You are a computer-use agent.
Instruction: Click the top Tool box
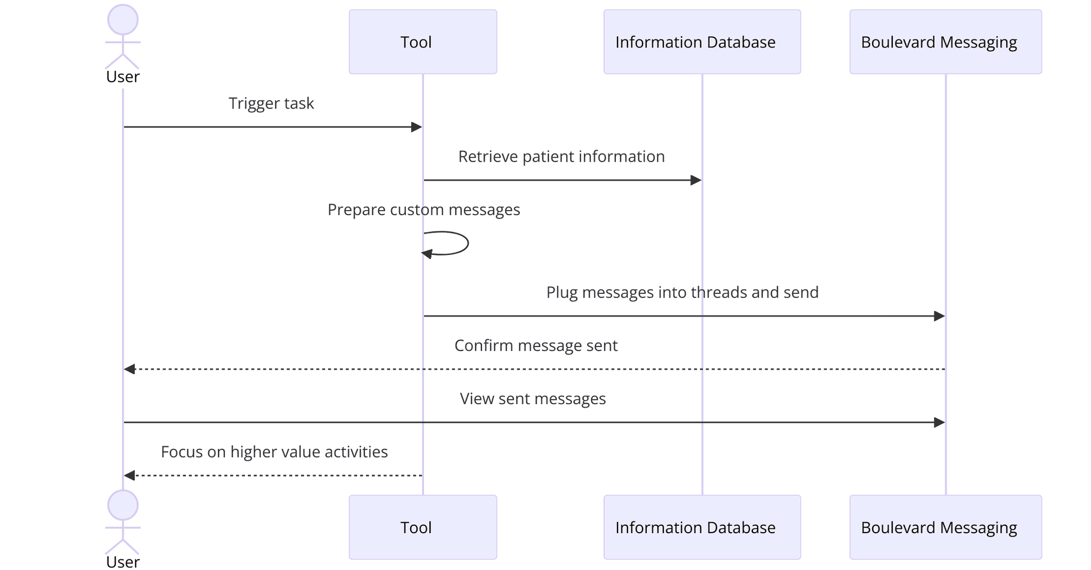[x=422, y=42]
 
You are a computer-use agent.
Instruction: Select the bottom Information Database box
[x=702, y=527]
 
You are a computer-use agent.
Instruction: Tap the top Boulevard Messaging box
[x=945, y=42]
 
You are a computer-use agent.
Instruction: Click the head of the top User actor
[x=123, y=20]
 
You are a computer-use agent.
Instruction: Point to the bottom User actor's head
[x=123, y=505]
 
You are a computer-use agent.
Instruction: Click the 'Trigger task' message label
[x=271, y=103]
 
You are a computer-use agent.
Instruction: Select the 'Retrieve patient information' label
[x=561, y=157]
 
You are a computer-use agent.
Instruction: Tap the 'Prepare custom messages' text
[x=424, y=210]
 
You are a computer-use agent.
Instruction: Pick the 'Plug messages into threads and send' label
[x=682, y=293]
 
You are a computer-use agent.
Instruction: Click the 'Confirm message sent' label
[x=535, y=346]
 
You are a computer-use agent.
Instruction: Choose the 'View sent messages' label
[x=533, y=399]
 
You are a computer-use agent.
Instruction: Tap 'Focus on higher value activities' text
[x=274, y=452]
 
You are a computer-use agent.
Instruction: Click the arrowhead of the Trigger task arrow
[x=417, y=127]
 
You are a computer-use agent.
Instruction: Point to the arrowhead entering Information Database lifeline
[x=696, y=180]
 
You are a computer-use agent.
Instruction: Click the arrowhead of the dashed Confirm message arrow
[x=129, y=369]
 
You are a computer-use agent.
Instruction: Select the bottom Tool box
[x=422, y=527]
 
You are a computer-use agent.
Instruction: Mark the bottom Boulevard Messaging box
[x=945, y=527]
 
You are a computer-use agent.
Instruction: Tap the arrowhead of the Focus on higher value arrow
[x=129, y=475]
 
